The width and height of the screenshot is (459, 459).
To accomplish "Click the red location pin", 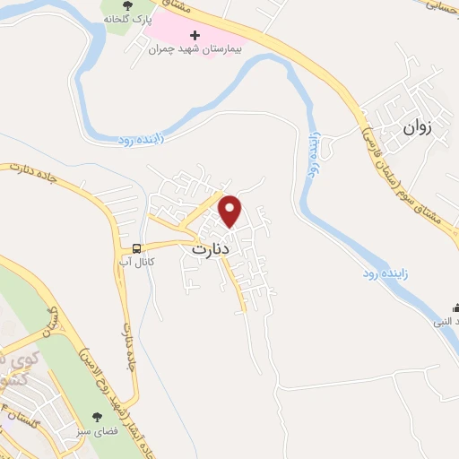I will click(230, 211).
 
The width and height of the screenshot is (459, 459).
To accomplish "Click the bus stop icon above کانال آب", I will click(136, 248).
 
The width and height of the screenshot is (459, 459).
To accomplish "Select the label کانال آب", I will click(136, 262).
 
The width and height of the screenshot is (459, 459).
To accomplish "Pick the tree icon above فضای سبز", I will click(99, 415).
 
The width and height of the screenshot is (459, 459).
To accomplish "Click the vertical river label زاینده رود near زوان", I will click(315, 154).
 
